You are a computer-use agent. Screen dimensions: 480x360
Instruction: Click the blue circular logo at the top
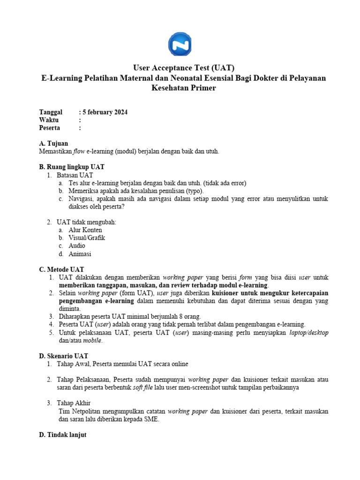coord(180,44)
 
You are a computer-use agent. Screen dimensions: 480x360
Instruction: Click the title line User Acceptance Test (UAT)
coord(180,68)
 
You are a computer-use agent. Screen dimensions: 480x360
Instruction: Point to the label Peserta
coord(51,127)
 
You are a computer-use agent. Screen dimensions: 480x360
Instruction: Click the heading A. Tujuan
coord(54,143)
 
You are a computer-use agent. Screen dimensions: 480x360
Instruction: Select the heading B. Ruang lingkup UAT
coord(72,167)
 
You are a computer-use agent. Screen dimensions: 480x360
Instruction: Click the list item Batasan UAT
coord(75,175)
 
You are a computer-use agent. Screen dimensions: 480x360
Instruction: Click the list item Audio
coord(77,246)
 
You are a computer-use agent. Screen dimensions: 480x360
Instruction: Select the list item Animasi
coord(80,254)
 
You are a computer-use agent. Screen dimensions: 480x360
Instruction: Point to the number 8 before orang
coord(187,316)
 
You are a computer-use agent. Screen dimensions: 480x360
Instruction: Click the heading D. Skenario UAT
coord(63,356)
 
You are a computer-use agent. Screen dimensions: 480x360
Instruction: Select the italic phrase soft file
coord(156,388)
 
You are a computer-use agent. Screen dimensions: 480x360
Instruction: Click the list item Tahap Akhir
coord(74,403)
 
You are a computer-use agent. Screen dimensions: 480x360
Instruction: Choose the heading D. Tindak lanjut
coord(63,435)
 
